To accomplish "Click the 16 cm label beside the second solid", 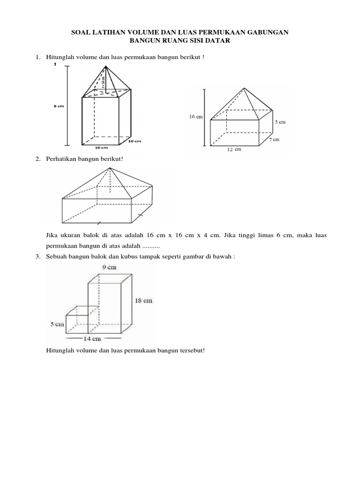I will [195, 117].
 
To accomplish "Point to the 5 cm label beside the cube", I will [57, 324].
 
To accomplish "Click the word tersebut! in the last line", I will [191, 350].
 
